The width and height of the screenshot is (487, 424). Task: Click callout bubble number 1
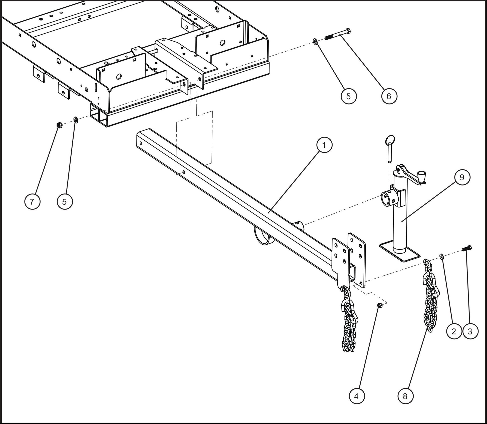pyautogui.click(x=324, y=145)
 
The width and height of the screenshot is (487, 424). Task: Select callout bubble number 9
pyautogui.click(x=462, y=177)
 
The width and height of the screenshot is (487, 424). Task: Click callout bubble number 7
pyautogui.click(x=32, y=201)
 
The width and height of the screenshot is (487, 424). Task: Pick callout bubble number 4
pyautogui.click(x=356, y=396)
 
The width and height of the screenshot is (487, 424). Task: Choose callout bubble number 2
pyautogui.click(x=454, y=331)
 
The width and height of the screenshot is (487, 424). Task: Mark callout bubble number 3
pyautogui.click(x=470, y=331)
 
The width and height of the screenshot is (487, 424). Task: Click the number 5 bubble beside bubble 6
pyautogui.click(x=349, y=96)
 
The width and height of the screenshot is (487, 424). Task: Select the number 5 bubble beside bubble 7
pyautogui.click(x=65, y=201)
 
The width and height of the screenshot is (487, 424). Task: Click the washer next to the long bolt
pyautogui.click(x=315, y=41)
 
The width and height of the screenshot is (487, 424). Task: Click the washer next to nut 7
pyautogui.click(x=75, y=118)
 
